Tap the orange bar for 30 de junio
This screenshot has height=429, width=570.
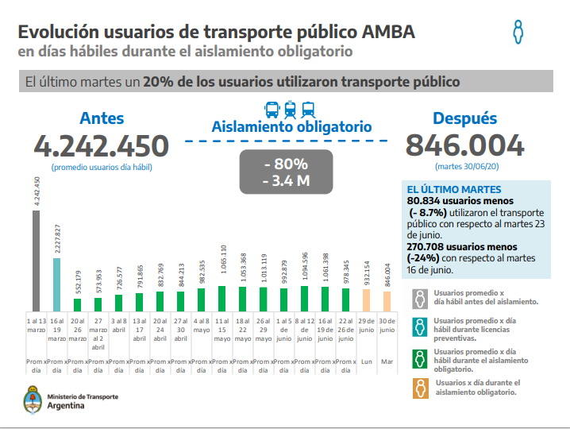(387, 302)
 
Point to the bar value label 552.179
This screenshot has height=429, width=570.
(78, 281)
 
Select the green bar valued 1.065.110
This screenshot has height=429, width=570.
(222, 299)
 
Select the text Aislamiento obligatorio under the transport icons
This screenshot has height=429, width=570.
(291, 126)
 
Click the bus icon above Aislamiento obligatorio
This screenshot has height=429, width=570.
(272, 109)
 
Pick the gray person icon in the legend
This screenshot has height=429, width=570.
(418, 298)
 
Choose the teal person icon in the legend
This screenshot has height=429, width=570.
(418, 327)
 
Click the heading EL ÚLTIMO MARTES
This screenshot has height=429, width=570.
(453, 190)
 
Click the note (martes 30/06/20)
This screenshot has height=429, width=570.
(464, 167)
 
